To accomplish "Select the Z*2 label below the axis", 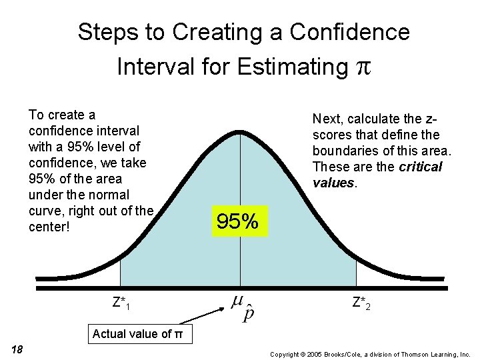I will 361,303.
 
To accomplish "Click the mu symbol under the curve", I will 237,302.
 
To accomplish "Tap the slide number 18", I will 17,349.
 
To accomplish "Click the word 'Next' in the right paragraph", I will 326,119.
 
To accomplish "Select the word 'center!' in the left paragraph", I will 49,227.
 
